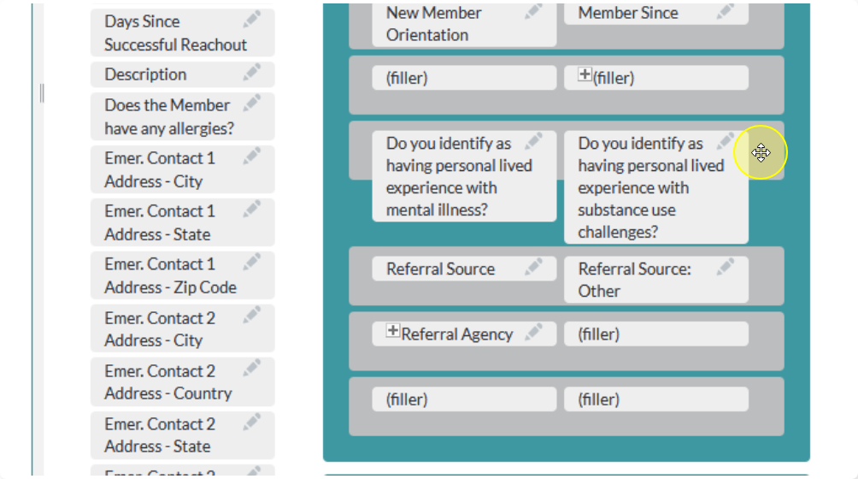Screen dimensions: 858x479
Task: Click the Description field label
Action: [x=145, y=74]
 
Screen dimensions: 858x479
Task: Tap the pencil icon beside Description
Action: [x=252, y=72]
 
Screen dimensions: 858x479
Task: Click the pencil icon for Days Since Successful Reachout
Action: [x=252, y=20]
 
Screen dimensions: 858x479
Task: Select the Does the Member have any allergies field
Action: [x=183, y=116]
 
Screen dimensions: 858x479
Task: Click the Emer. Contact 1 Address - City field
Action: [x=183, y=169]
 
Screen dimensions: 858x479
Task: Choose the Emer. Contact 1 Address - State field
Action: [x=183, y=222]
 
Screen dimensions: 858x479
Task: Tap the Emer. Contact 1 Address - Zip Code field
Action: [x=183, y=275]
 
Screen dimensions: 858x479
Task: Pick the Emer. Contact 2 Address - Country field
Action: [x=183, y=382]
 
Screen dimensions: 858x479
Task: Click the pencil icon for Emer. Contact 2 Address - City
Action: [x=252, y=316]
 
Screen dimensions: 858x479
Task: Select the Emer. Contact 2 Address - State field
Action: [x=183, y=435]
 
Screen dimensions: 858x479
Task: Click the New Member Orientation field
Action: [x=464, y=24]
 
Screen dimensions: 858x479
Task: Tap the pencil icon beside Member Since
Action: [x=725, y=11]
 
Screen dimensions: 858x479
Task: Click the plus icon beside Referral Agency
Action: [x=393, y=331]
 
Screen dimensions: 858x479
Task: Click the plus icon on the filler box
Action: [x=585, y=74]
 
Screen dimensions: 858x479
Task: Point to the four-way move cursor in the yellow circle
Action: [x=761, y=153]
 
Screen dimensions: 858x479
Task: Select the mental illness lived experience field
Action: [x=464, y=176]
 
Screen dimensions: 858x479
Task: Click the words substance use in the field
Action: [x=627, y=210]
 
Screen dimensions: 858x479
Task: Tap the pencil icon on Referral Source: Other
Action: [x=725, y=267]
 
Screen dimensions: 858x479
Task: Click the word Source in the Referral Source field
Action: [x=471, y=269]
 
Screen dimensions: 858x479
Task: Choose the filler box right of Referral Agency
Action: [x=656, y=334]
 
